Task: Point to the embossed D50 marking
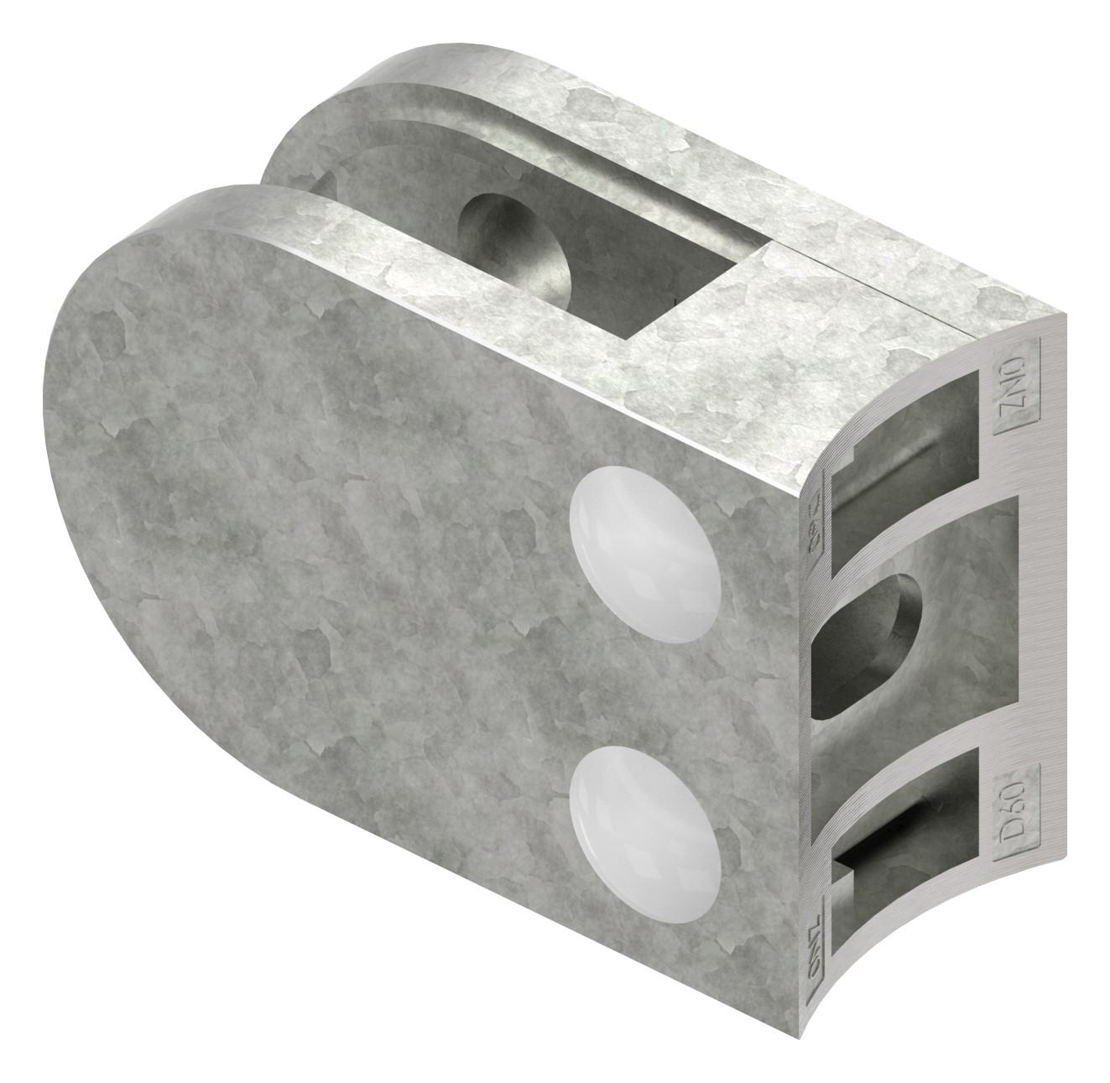click(x=1016, y=801)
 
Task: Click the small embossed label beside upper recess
click(x=815, y=537)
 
